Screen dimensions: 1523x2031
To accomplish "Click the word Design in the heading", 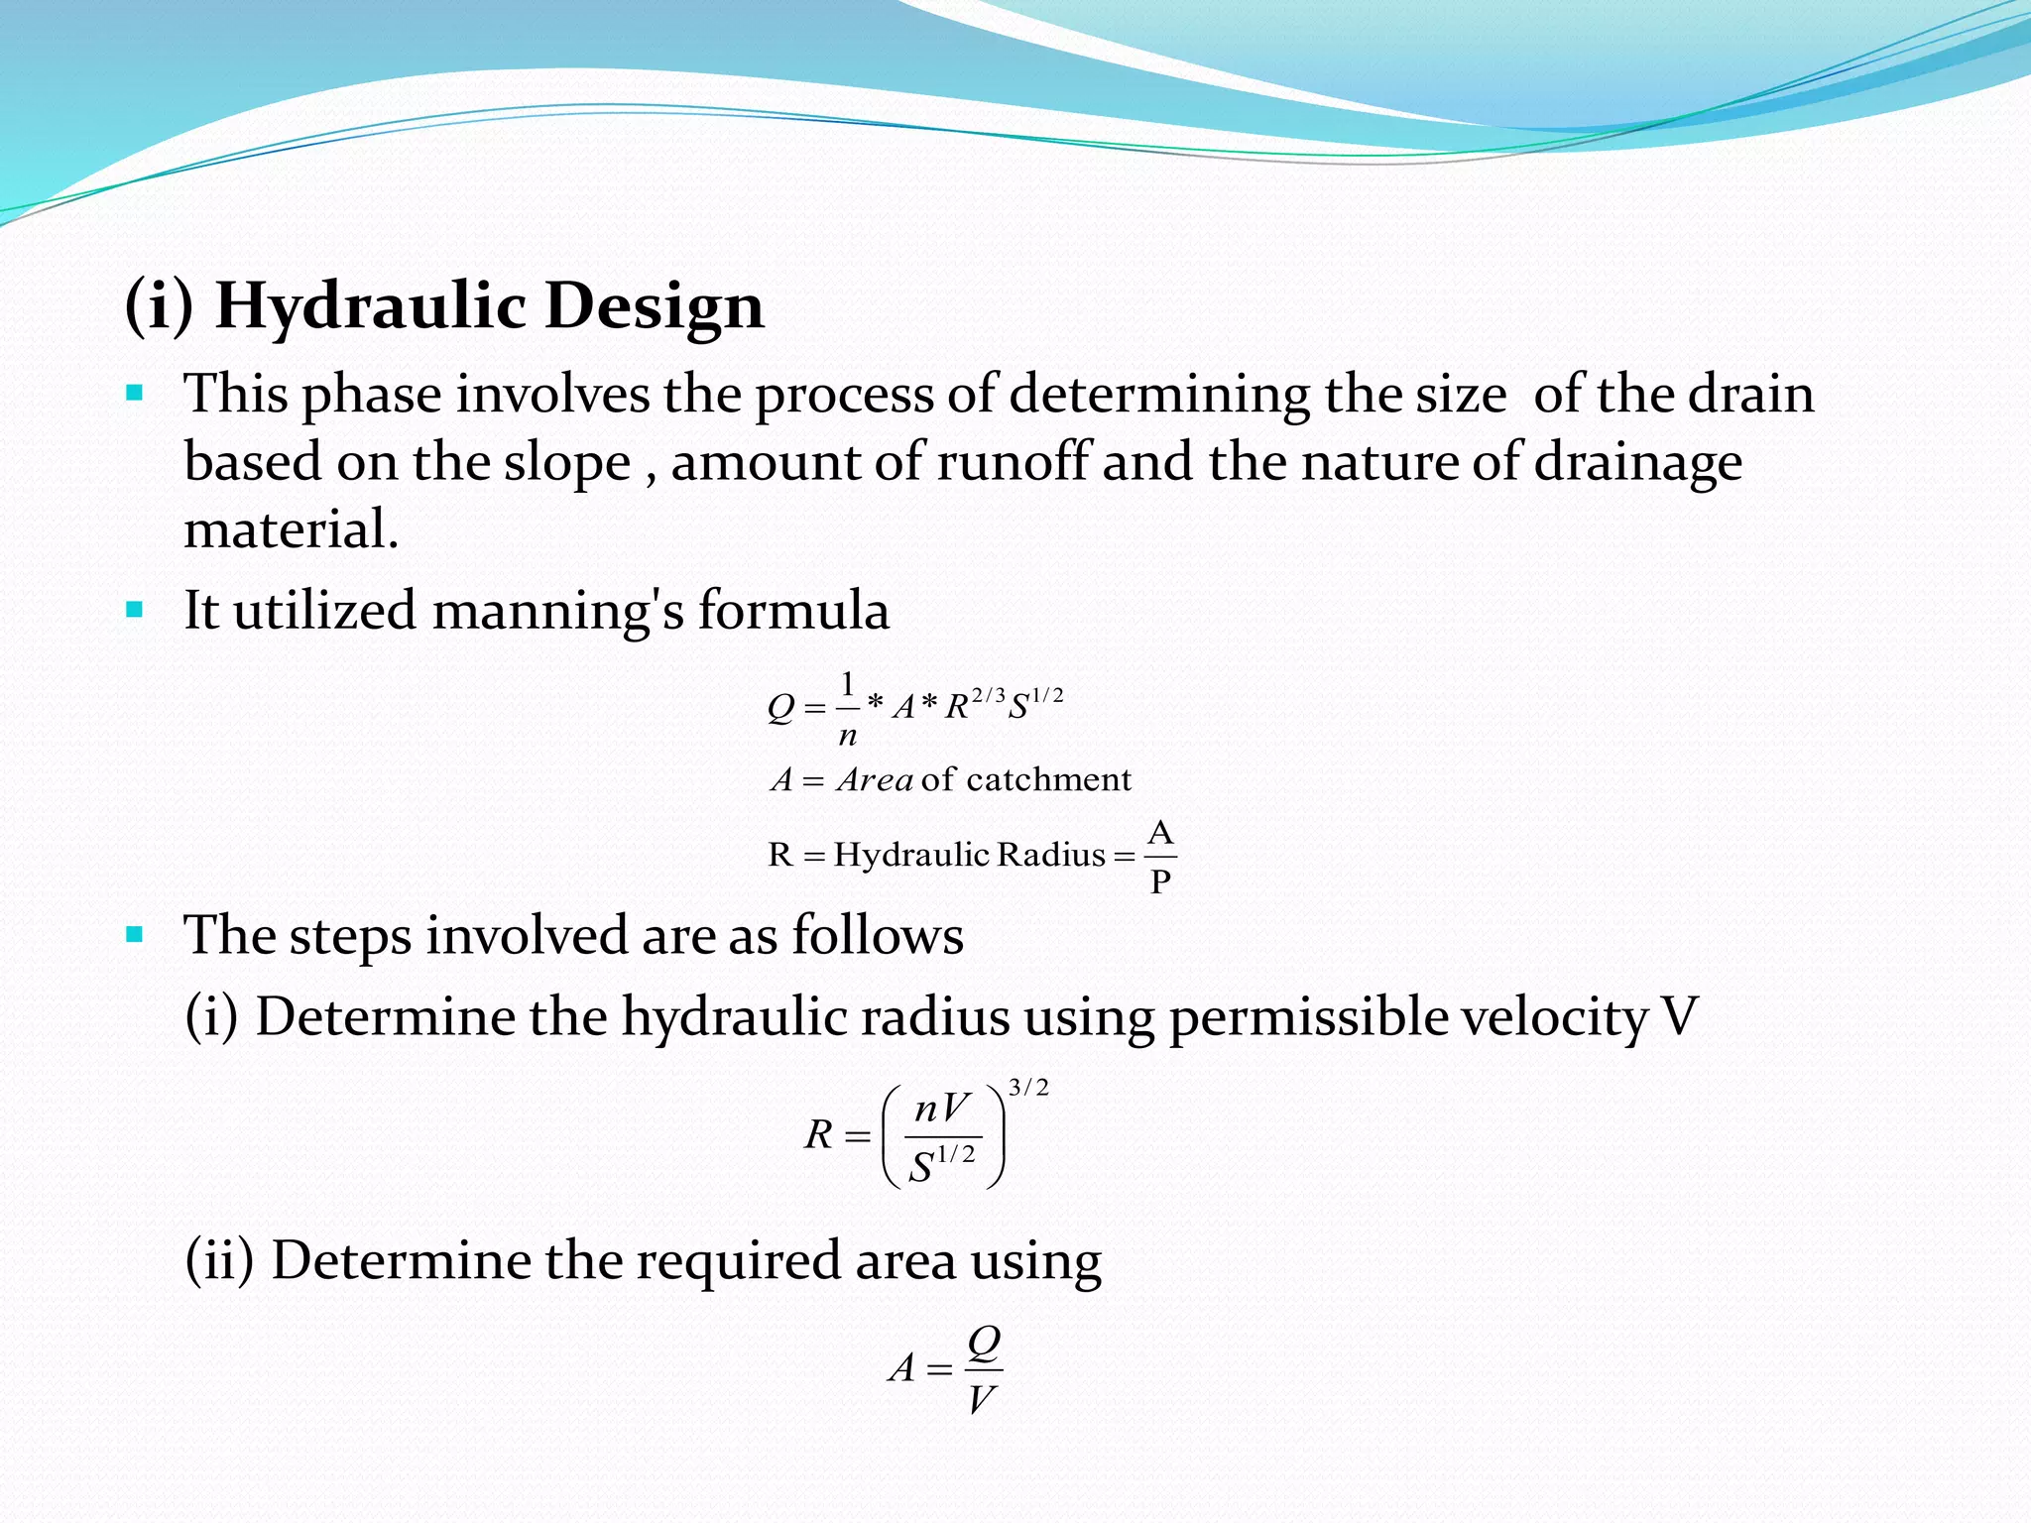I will (x=655, y=306).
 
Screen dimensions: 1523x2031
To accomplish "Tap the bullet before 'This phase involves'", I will (x=135, y=394).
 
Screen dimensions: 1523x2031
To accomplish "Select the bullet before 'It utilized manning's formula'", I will (x=135, y=609).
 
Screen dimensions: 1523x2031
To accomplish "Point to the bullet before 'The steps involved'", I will (x=135, y=934).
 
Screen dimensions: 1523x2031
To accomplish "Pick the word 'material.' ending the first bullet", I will (x=291, y=528).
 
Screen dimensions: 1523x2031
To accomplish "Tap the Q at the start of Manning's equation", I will (x=780, y=708).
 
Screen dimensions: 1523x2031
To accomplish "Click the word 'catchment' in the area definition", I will (x=1048, y=779).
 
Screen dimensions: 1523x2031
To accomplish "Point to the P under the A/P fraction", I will (x=1160, y=879).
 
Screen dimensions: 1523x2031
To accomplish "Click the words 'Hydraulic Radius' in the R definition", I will (x=969, y=854).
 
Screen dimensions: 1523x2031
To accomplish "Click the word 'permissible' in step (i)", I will (x=1309, y=1017).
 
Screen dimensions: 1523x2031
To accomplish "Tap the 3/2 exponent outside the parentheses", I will (x=1028, y=1088).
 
